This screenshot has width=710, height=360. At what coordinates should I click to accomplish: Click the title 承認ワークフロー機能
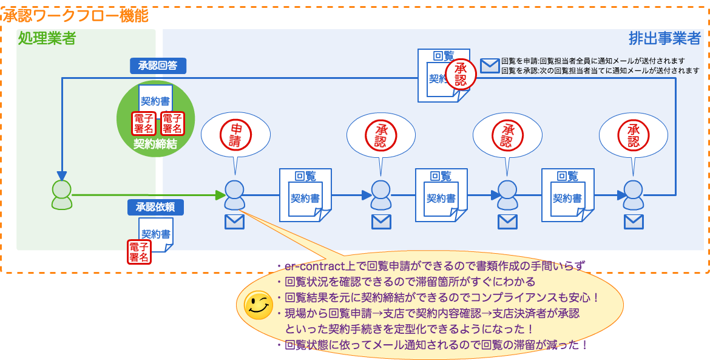76,15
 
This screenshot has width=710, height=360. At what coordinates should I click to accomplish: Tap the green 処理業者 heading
47,38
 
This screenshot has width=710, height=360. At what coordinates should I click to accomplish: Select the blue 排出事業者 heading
664,39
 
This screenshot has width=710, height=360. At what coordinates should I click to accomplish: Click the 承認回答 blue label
158,66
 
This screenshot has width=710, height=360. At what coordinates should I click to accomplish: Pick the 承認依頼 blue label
155,207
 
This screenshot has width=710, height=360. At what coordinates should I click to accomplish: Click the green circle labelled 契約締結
155,119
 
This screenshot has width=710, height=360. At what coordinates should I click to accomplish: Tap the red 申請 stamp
235,135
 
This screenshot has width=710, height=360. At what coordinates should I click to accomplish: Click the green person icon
61,195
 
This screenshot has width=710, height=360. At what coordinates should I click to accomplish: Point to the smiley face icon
258,305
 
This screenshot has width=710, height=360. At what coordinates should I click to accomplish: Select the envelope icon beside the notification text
490,66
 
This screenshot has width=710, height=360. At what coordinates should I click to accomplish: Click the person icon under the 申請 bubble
234,195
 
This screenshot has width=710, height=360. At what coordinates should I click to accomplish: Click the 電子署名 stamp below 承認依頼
139,251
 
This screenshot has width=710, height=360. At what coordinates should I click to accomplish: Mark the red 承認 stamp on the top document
461,74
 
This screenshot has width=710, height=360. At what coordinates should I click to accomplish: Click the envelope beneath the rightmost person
634,222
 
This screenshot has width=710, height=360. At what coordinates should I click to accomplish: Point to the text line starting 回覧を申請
593,61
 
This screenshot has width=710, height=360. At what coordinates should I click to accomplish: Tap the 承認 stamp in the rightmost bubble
634,135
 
